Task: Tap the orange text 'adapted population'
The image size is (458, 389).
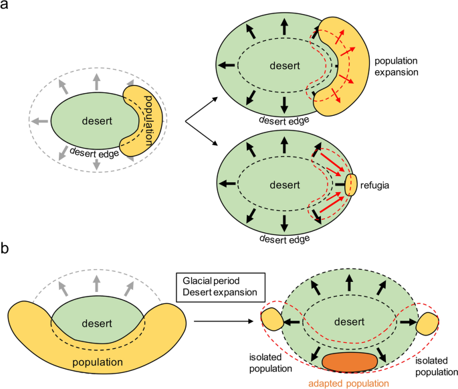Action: (348, 383)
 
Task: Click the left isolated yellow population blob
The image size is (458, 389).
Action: (273, 320)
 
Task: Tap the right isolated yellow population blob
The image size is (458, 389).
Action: (427, 325)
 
